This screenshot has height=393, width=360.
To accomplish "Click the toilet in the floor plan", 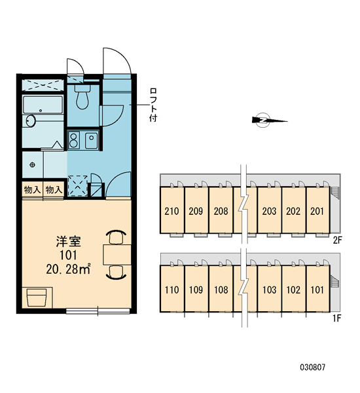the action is (x=82, y=97).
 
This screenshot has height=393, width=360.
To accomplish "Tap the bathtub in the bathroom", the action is (x=43, y=105).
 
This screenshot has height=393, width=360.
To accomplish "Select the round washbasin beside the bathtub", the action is (x=31, y=121).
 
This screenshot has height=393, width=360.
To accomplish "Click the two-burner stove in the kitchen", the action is (x=73, y=140).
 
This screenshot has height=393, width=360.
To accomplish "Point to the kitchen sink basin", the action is (x=92, y=140).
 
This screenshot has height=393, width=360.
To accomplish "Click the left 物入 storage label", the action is (x=32, y=190).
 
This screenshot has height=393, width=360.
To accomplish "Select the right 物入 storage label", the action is (x=54, y=190).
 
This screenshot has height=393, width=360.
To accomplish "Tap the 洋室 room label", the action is (x=68, y=241).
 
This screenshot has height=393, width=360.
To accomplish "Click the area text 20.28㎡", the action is (x=68, y=269).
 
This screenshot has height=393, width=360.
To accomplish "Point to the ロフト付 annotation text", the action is (x=153, y=105).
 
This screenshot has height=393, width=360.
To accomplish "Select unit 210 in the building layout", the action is (x=172, y=211).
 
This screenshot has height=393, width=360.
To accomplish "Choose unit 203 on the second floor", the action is (x=269, y=211).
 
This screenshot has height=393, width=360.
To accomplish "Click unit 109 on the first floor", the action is (x=196, y=290).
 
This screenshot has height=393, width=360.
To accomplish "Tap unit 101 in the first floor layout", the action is (x=317, y=290).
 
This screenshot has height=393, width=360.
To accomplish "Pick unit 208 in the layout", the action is (x=221, y=211).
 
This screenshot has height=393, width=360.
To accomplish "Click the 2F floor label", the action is (x=337, y=240).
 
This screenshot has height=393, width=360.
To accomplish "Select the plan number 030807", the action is (x=313, y=367).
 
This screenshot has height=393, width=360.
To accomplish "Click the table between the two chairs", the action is (x=117, y=255).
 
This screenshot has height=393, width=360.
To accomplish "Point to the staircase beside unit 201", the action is (x=334, y=193).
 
